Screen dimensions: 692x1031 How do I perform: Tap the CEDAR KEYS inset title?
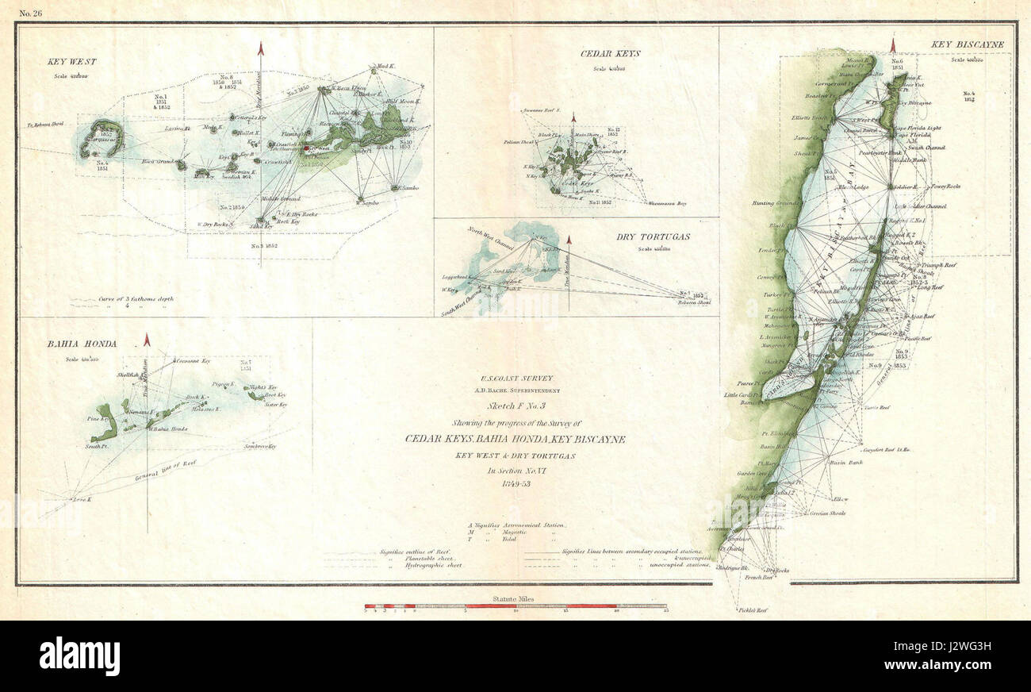click(x=611, y=54)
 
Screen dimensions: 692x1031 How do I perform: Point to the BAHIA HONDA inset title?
click(x=81, y=344)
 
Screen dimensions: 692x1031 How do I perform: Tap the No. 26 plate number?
click(x=29, y=11)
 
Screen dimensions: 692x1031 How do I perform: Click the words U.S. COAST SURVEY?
click(x=515, y=379)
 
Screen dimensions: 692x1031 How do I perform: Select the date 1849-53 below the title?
click(x=515, y=484)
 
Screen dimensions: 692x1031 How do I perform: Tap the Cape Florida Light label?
click(x=918, y=128)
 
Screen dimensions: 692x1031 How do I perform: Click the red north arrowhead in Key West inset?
click(x=260, y=48)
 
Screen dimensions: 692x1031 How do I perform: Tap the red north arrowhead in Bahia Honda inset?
click(x=147, y=340)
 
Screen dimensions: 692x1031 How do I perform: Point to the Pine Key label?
click(x=98, y=418)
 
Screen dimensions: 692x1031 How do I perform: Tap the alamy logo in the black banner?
click(x=79, y=656)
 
